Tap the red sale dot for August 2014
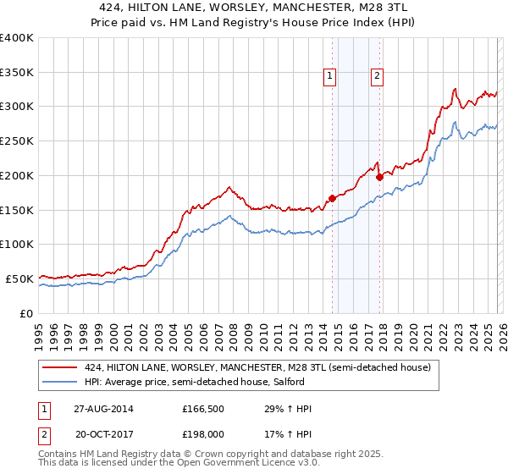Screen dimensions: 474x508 (332, 198)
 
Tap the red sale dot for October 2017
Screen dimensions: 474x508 (379, 177)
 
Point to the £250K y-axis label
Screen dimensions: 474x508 (17, 141)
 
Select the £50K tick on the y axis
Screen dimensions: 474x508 (20, 278)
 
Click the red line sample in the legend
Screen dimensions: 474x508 (61, 367)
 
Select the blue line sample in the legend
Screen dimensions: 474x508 (61, 382)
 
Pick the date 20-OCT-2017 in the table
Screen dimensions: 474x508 (103, 433)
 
